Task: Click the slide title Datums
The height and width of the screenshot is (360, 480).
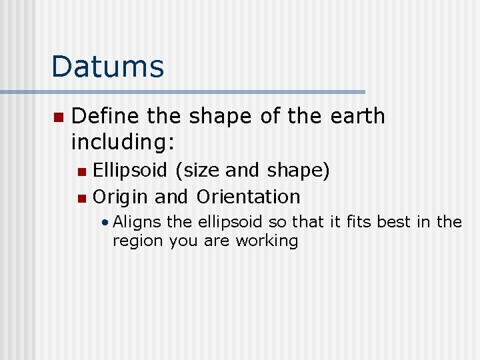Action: click(107, 67)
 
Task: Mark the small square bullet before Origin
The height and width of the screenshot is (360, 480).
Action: click(81, 198)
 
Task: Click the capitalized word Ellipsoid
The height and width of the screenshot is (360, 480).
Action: click(131, 171)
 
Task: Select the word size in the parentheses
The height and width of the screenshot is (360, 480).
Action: click(199, 171)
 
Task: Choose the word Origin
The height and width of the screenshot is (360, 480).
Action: click(121, 197)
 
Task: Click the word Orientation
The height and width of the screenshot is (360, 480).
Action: click(248, 197)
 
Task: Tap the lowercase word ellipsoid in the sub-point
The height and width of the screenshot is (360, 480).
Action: click(229, 222)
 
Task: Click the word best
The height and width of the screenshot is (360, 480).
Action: click(395, 221)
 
